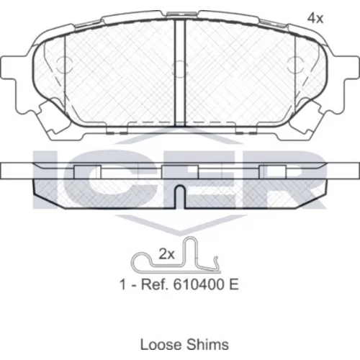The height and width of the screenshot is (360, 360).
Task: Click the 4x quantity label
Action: (315, 18)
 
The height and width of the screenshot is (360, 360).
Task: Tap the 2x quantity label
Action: (166, 254)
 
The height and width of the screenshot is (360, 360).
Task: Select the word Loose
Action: (161, 344)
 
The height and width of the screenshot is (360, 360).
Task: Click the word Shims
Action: (207, 344)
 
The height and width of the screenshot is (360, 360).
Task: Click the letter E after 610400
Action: (234, 284)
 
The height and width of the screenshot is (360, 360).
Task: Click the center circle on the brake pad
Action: (180, 69)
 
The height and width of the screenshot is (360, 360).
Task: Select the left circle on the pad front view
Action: (64, 65)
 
